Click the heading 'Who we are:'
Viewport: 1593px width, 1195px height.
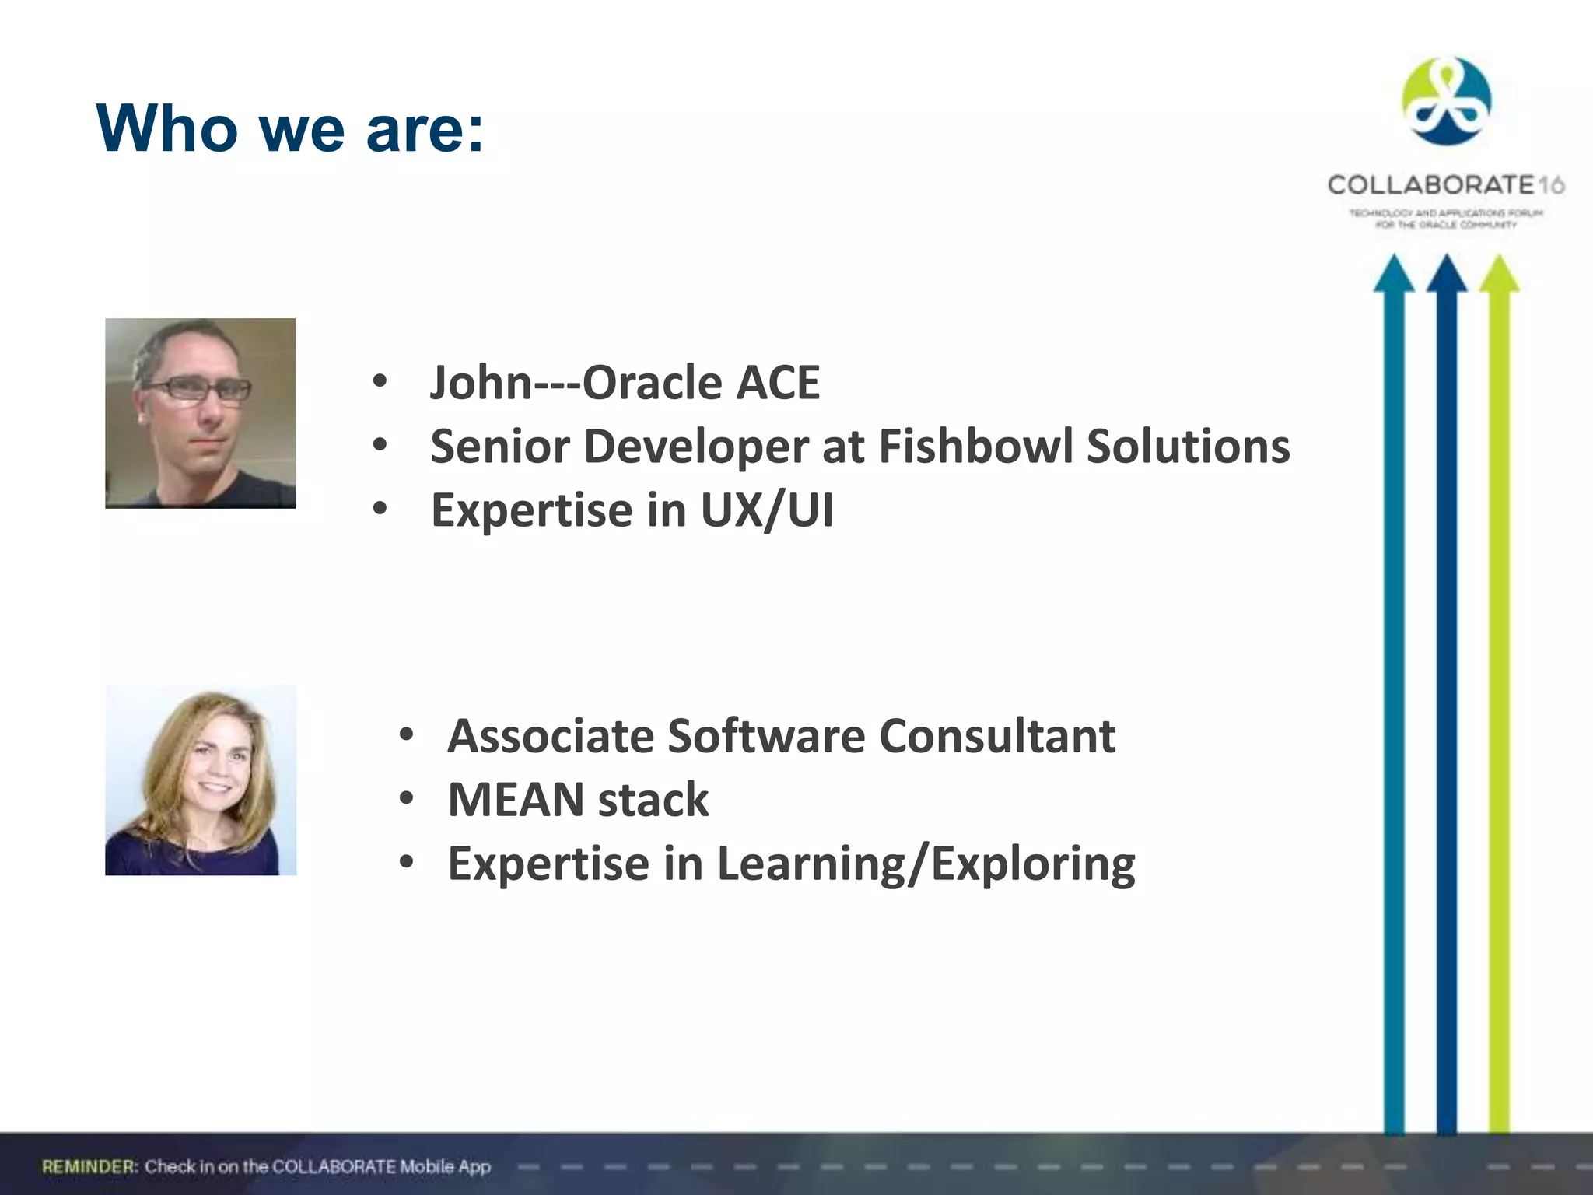(290, 128)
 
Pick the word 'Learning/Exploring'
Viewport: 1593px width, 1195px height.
(926, 864)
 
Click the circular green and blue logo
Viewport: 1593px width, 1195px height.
(1446, 101)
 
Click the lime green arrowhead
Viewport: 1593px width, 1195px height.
(1499, 274)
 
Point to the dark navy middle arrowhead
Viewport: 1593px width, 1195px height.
(1446, 274)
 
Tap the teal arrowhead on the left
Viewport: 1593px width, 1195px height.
(1393, 274)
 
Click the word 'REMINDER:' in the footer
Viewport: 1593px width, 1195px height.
(90, 1166)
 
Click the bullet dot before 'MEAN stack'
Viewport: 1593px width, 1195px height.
(406, 799)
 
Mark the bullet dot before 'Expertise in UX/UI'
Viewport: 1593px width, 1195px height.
(380, 510)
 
